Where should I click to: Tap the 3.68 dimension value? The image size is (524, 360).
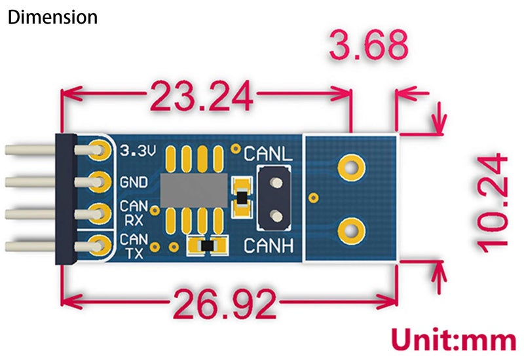[x=367, y=46]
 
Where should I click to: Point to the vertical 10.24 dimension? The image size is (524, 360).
[x=493, y=202]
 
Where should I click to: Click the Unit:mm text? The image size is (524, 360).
[x=453, y=340]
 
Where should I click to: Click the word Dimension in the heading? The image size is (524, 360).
[x=52, y=17]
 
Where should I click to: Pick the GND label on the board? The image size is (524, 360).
[x=134, y=182]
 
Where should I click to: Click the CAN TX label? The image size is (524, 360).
[x=134, y=245]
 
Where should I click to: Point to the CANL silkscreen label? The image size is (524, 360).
[x=268, y=154]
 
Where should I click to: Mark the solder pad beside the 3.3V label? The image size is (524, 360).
[x=100, y=150]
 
